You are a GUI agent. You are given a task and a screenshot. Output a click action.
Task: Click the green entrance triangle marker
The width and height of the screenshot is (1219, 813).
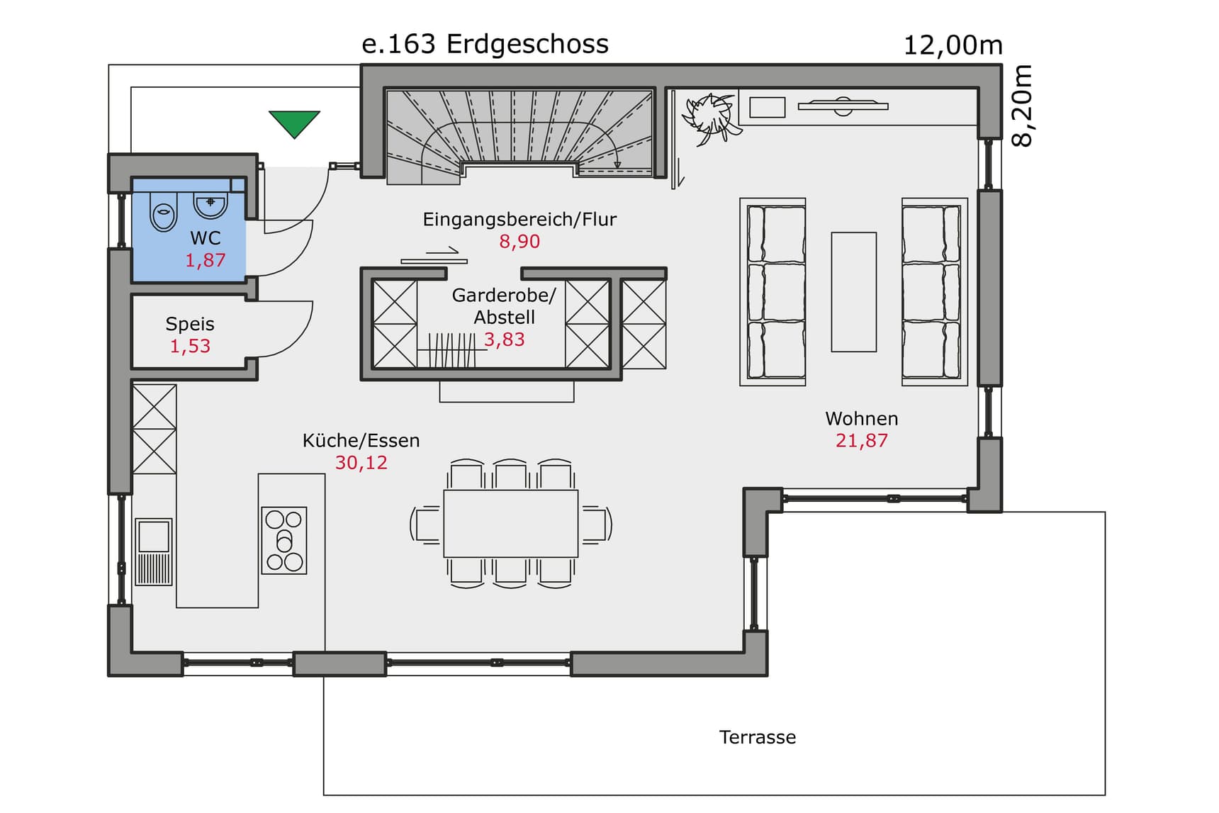294,123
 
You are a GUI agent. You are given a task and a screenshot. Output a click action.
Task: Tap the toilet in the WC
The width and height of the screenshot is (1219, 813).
164,211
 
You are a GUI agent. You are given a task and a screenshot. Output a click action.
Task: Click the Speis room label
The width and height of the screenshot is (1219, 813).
190,324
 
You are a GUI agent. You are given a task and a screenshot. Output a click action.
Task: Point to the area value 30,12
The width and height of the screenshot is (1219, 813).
361,463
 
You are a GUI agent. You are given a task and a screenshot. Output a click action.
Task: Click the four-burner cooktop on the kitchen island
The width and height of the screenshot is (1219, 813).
284,540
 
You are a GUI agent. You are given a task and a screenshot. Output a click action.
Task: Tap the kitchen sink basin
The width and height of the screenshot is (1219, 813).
154,536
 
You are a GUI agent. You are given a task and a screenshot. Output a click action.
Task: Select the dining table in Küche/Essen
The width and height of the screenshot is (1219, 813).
510,523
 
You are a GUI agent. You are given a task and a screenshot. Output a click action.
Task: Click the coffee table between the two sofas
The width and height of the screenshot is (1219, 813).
853,291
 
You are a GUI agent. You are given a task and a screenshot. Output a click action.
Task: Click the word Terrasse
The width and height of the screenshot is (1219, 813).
757,737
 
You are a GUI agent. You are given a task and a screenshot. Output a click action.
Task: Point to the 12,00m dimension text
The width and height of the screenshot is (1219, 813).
953,45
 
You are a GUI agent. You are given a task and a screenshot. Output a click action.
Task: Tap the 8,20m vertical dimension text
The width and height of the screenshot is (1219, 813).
1022,106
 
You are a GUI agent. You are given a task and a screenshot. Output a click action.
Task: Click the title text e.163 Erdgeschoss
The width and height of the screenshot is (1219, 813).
485,44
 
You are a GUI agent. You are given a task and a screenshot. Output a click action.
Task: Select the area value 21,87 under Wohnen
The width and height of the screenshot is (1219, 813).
861,441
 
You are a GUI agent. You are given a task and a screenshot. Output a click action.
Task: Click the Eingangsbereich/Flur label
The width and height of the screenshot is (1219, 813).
519,220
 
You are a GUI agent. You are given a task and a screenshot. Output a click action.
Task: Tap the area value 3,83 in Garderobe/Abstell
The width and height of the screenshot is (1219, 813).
504,340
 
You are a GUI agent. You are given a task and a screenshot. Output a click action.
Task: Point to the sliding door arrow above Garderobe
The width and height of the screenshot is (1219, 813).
442,250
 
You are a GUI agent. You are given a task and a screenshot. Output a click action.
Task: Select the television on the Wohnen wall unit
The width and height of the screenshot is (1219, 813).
843,106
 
